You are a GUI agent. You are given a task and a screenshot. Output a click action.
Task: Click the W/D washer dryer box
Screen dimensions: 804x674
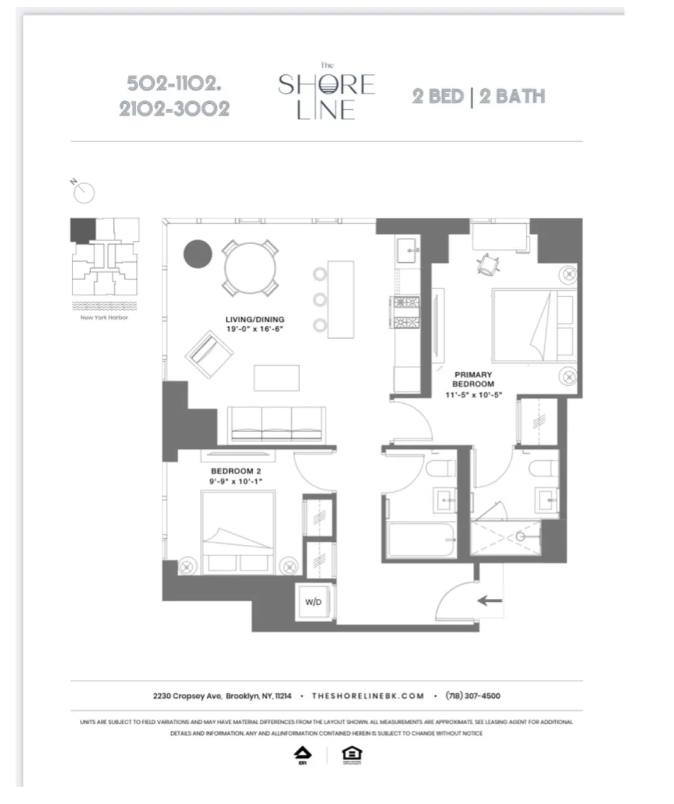(313, 602)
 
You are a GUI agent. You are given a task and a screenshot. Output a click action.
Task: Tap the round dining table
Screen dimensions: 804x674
(250, 267)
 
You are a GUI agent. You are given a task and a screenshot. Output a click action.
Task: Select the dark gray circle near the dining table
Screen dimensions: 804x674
(197, 254)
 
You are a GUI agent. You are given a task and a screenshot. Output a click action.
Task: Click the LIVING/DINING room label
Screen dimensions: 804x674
(254, 320)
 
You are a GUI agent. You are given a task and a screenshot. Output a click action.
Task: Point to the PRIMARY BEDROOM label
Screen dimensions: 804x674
(473, 379)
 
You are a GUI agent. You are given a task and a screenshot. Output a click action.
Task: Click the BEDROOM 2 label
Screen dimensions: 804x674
(236, 472)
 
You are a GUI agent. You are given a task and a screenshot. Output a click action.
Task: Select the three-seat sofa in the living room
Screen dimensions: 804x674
(277, 424)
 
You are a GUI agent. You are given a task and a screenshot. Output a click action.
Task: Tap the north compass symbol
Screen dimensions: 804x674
(83, 192)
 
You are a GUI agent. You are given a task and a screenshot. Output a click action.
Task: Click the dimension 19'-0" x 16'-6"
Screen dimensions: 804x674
(254, 329)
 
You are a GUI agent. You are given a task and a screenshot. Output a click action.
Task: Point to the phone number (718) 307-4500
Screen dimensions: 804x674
(472, 696)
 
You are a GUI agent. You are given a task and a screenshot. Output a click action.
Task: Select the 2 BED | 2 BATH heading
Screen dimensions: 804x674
(478, 97)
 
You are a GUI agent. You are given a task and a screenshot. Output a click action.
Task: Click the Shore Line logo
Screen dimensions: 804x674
(326, 93)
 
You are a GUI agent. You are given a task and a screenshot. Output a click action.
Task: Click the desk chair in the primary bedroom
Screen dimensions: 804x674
(489, 264)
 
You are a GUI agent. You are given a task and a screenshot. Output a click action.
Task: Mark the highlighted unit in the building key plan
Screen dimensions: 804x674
(82, 229)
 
